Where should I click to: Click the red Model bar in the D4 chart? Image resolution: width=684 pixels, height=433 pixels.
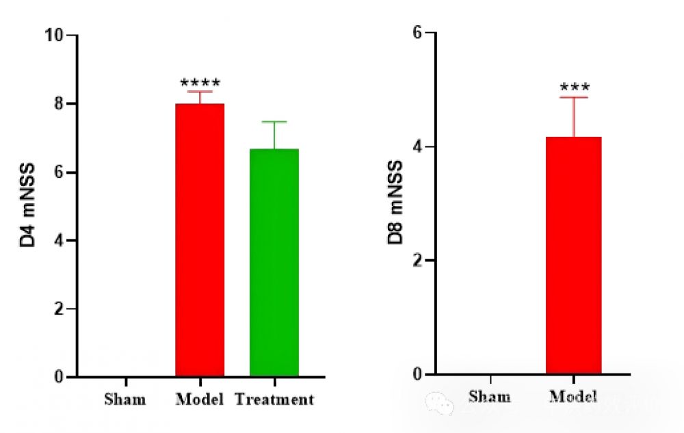click(x=200, y=239)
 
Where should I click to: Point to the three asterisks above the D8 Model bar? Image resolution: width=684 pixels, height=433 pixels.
click(x=575, y=88)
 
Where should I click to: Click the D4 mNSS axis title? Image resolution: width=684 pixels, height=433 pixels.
click(x=28, y=205)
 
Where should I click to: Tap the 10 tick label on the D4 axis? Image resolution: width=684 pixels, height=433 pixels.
click(x=55, y=35)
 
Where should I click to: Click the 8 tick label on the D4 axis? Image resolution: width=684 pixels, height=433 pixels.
click(x=60, y=103)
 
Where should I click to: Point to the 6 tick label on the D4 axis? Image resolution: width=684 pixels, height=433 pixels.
click(x=60, y=172)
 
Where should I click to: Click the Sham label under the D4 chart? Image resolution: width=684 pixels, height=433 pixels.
click(x=124, y=399)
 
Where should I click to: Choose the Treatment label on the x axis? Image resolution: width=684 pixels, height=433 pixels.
click(x=274, y=399)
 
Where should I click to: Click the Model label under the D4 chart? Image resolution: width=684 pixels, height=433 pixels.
click(x=200, y=399)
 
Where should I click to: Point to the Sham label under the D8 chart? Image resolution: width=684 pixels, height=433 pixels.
click(x=490, y=397)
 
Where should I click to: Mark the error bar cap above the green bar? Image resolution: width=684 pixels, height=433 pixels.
click(x=274, y=122)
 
